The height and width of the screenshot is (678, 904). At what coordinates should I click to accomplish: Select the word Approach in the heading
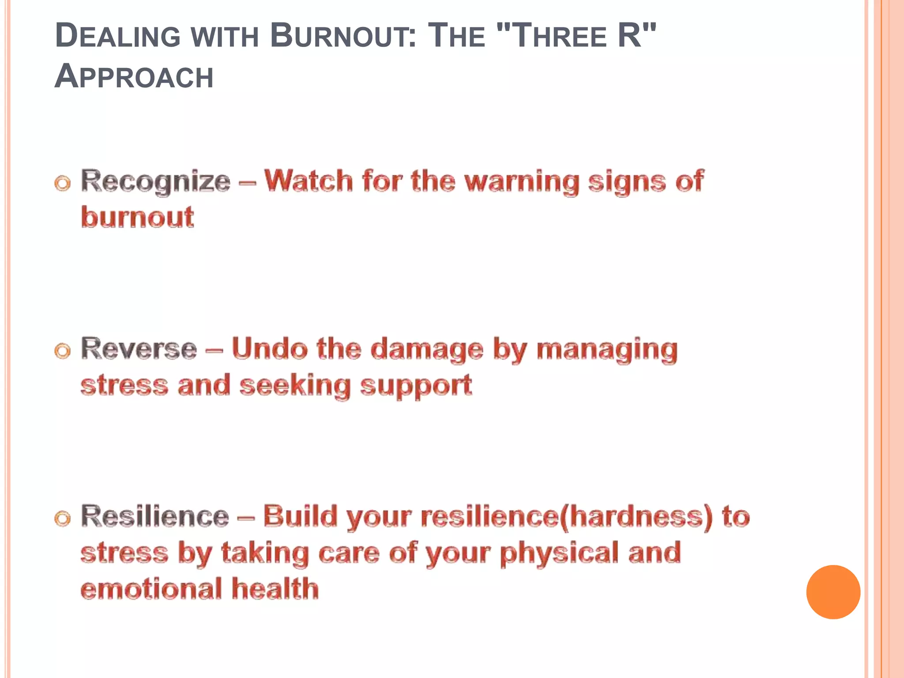tap(134, 76)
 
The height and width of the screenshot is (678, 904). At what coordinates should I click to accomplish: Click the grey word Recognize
tap(155, 181)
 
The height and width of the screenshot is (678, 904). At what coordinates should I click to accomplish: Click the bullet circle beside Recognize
tap(63, 184)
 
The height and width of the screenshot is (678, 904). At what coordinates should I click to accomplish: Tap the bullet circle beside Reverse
tap(63, 351)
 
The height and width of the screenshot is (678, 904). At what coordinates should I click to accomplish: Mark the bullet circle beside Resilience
tap(63, 519)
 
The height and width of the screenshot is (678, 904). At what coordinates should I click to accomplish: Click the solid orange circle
tap(833, 592)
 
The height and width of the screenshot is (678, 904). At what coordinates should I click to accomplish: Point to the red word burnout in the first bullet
tap(137, 217)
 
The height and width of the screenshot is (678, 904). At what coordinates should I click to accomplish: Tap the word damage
tap(427, 350)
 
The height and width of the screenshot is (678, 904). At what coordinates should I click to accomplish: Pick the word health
tap(275, 589)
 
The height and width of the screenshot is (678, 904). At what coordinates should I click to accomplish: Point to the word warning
tap(522, 182)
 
